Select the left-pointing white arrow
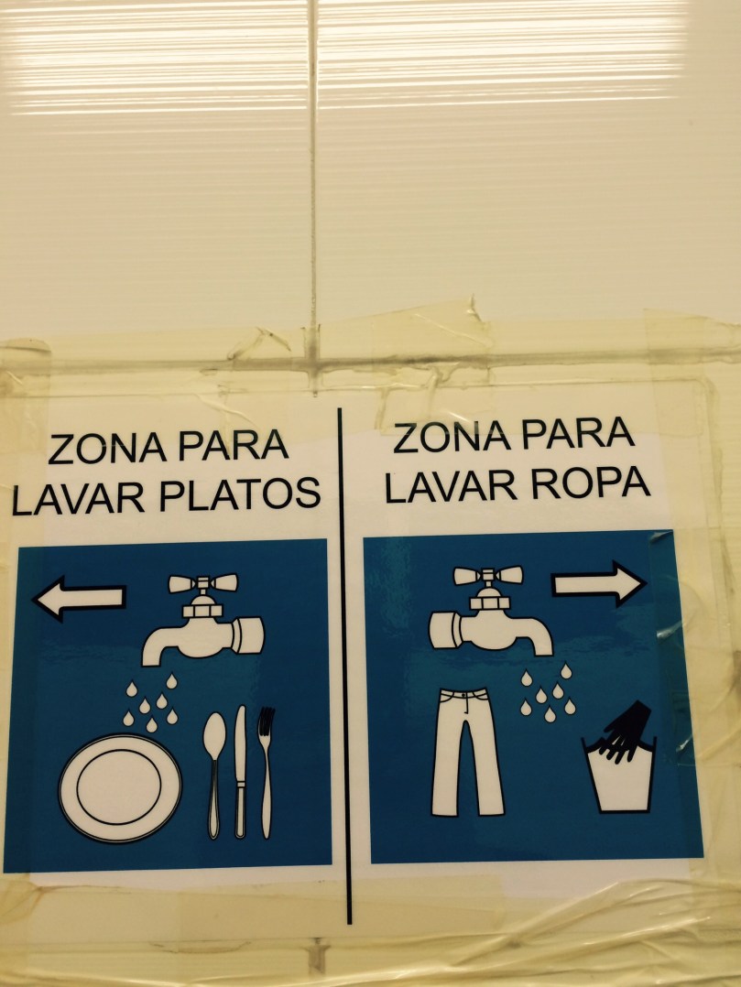point(79,598)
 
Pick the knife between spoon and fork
point(241,769)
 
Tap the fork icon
point(266,769)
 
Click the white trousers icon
point(467,751)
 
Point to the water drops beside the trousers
point(547,694)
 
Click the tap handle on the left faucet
point(202,583)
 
